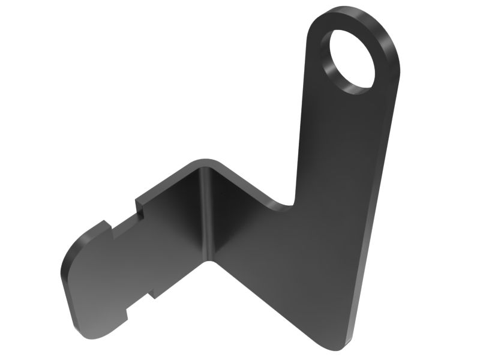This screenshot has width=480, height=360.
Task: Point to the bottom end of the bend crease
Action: click(x=213, y=260)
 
